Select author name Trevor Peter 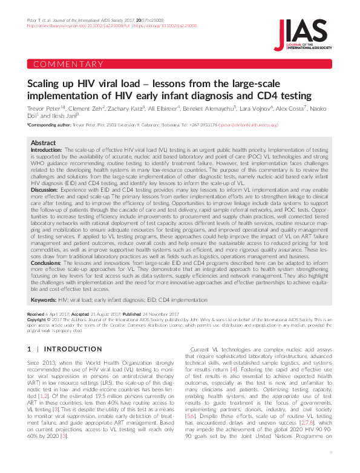click(x=46, y=107)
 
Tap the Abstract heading click(x=43, y=143)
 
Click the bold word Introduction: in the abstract click(x=46, y=149)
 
